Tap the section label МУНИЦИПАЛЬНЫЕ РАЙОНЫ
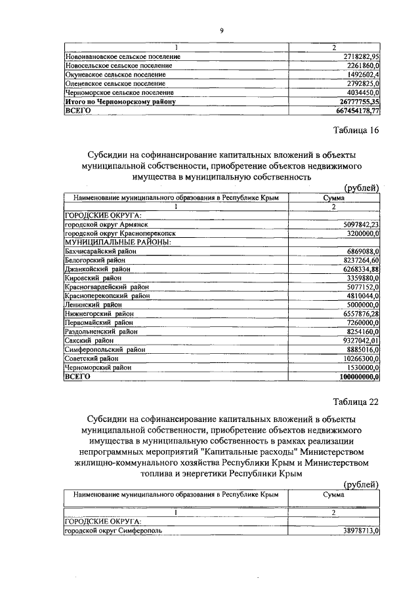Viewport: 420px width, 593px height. [117, 242]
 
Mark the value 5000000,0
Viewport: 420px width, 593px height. [361, 305]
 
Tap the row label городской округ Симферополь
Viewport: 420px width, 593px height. [112, 530]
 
